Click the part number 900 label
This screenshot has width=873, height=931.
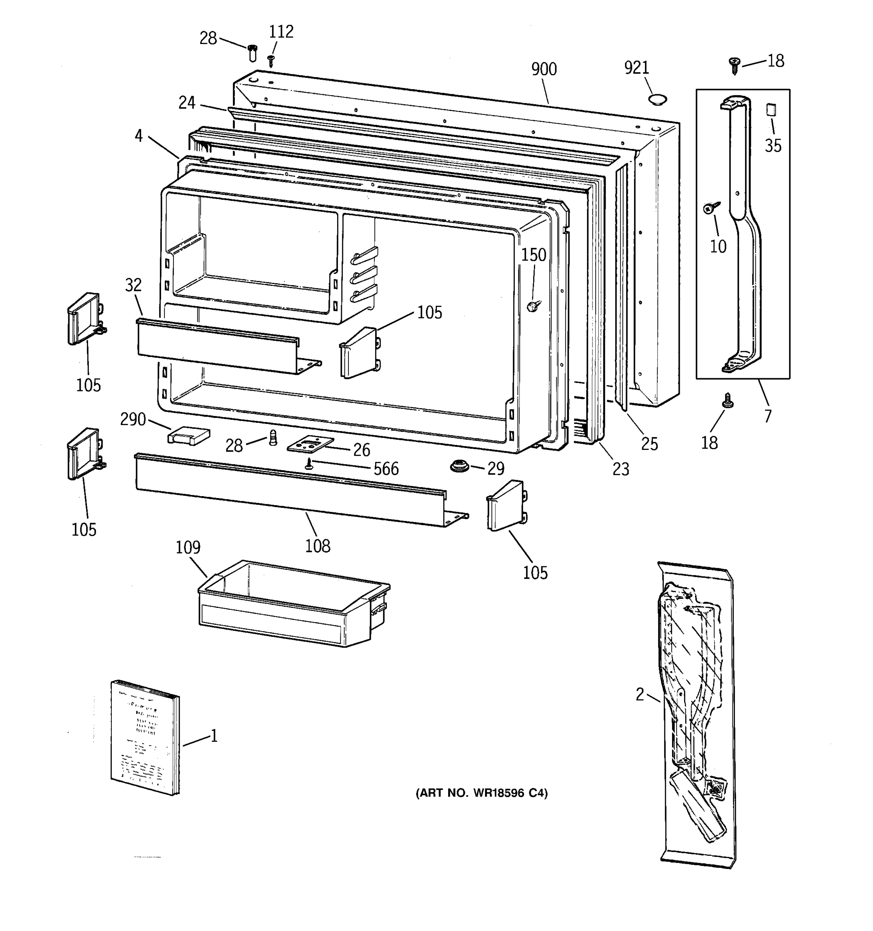tap(544, 69)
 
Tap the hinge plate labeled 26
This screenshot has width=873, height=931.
tap(310, 445)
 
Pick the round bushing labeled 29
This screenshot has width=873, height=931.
tap(459, 466)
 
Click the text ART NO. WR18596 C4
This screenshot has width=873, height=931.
tap(482, 793)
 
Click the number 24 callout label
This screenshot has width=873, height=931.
tap(186, 102)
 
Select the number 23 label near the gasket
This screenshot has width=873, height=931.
tap(620, 469)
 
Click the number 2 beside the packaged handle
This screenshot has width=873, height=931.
tap(640, 694)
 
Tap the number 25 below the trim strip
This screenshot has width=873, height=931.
tap(649, 443)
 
